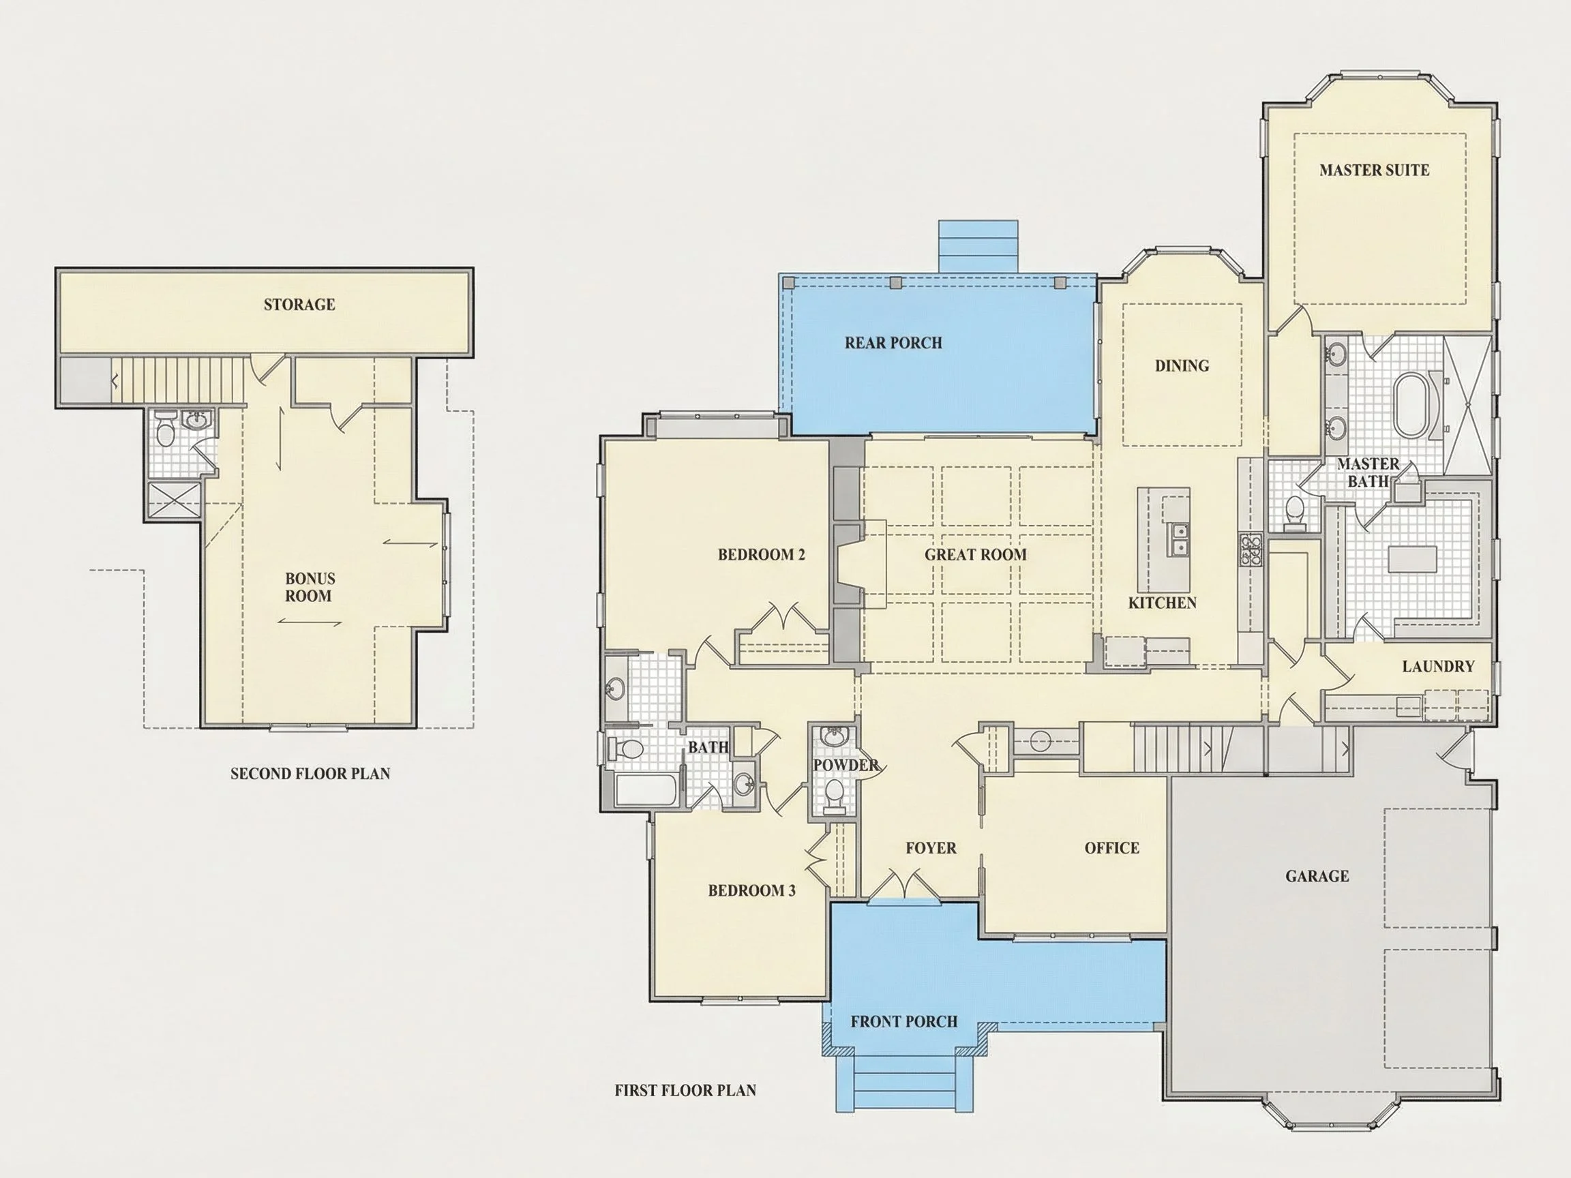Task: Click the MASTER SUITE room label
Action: (1374, 170)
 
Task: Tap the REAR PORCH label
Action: (893, 343)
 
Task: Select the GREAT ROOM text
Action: (975, 554)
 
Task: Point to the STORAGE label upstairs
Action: (299, 305)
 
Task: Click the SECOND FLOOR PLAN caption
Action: (310, 773)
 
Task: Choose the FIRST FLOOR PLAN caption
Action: (685, 1090)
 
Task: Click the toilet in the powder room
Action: (835, 795)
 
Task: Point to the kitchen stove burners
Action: (1251, 550)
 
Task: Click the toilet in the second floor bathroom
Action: (165, 431)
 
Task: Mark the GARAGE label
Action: (1317, 876)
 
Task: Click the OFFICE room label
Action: (1111, 848)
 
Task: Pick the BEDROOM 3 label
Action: (751, 890)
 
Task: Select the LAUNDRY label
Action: (1438, 666)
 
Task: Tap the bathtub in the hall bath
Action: (645, 790)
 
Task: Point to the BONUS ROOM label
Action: (310, 587)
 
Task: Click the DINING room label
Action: (1182, 365)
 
